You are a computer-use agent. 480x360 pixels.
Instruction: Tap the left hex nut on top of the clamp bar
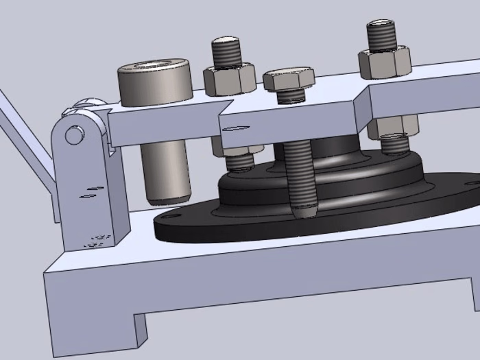click(229, 80)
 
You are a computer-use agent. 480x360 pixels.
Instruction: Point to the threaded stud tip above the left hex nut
click(226, 51)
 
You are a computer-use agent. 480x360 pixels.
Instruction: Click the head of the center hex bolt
click(289, 78)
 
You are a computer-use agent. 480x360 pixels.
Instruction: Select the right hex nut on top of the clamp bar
click(384, 62)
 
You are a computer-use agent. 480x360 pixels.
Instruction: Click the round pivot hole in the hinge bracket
click(73, 135)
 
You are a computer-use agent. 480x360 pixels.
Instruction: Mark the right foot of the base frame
click(475, 295)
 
